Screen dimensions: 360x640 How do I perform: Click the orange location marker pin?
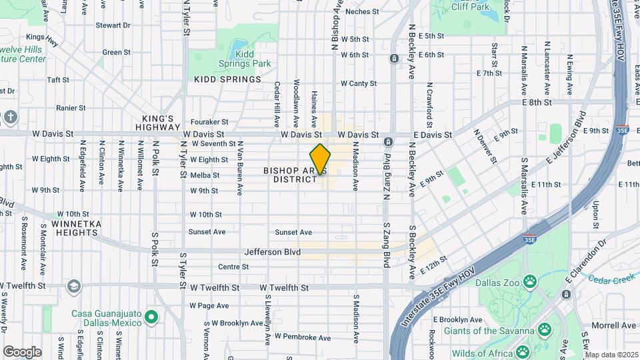[x=320, y=159]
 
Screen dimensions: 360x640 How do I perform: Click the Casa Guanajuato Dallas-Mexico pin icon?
[x=151, y=317]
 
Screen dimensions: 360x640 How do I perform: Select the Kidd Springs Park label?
[x=245, y=63]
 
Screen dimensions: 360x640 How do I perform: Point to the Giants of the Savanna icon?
[x=545, y=329]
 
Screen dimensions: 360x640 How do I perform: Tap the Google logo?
[x=22, y=351]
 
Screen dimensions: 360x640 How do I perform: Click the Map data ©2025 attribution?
[x=611, y=355]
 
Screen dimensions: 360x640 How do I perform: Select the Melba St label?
[x=205, y=175]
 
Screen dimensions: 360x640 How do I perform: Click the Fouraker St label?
[x=209, y=122]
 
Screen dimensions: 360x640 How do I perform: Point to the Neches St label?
[x=362, y=11]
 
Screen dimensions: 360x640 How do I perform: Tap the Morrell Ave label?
[x=614, y=325]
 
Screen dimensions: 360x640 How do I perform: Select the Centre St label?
[x=233, y=267]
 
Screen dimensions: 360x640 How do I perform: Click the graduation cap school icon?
[x=73, y=287]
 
